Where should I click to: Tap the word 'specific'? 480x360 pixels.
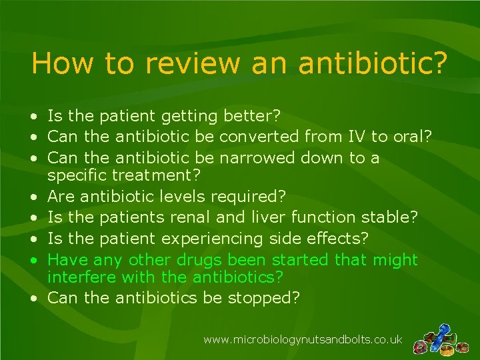[x=81, y=176]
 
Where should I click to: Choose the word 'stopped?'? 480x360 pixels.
[x=265, y=297]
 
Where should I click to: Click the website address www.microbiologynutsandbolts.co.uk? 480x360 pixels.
[x=302, y=340]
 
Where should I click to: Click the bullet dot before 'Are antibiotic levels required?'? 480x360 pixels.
[x=33, y=198]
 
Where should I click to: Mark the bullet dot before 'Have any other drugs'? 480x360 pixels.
[x=33, y=259]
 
